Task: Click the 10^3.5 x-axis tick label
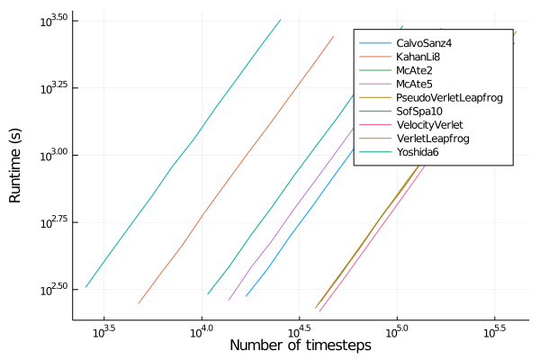[104, 330]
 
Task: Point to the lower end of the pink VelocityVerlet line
[320, 311]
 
